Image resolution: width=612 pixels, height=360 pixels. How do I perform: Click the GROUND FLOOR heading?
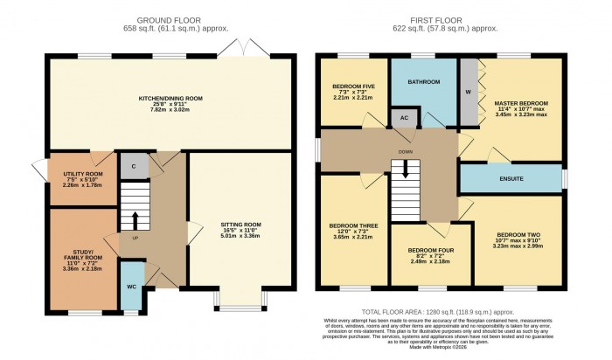coord(169,19)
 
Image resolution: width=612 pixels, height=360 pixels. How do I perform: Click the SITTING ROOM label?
coord(240,225)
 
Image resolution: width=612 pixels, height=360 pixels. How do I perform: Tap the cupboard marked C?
coord(133,165)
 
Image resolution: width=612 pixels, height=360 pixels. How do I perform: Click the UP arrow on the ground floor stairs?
coord(134,218)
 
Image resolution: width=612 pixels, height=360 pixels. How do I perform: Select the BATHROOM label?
coord(423,82)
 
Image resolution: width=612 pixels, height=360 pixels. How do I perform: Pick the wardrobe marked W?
coord(468,90)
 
